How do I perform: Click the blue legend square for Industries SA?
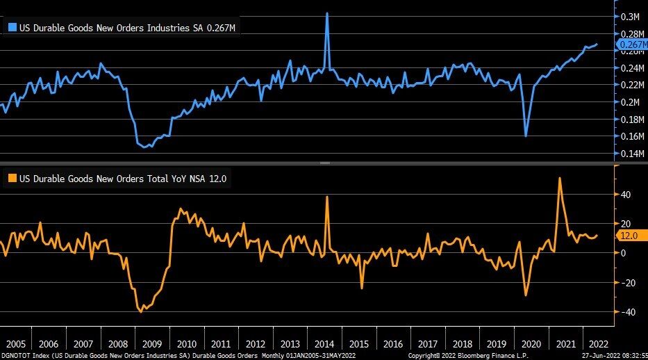coord(11,28)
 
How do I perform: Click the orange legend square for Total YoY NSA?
coord(11,179)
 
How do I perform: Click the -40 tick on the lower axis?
coord(626,312)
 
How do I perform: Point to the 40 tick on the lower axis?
coord(626,195)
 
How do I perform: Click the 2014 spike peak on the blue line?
coord(327,13)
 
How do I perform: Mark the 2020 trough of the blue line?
coord(526,136)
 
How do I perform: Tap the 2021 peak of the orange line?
coord(560,178)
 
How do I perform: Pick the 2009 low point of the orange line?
coord(141,311)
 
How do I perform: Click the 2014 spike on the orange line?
coord(327,197)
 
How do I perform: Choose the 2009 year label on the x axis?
coord(151,344)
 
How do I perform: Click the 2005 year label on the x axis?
coord(15,344)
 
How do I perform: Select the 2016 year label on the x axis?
coord(392,344)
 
